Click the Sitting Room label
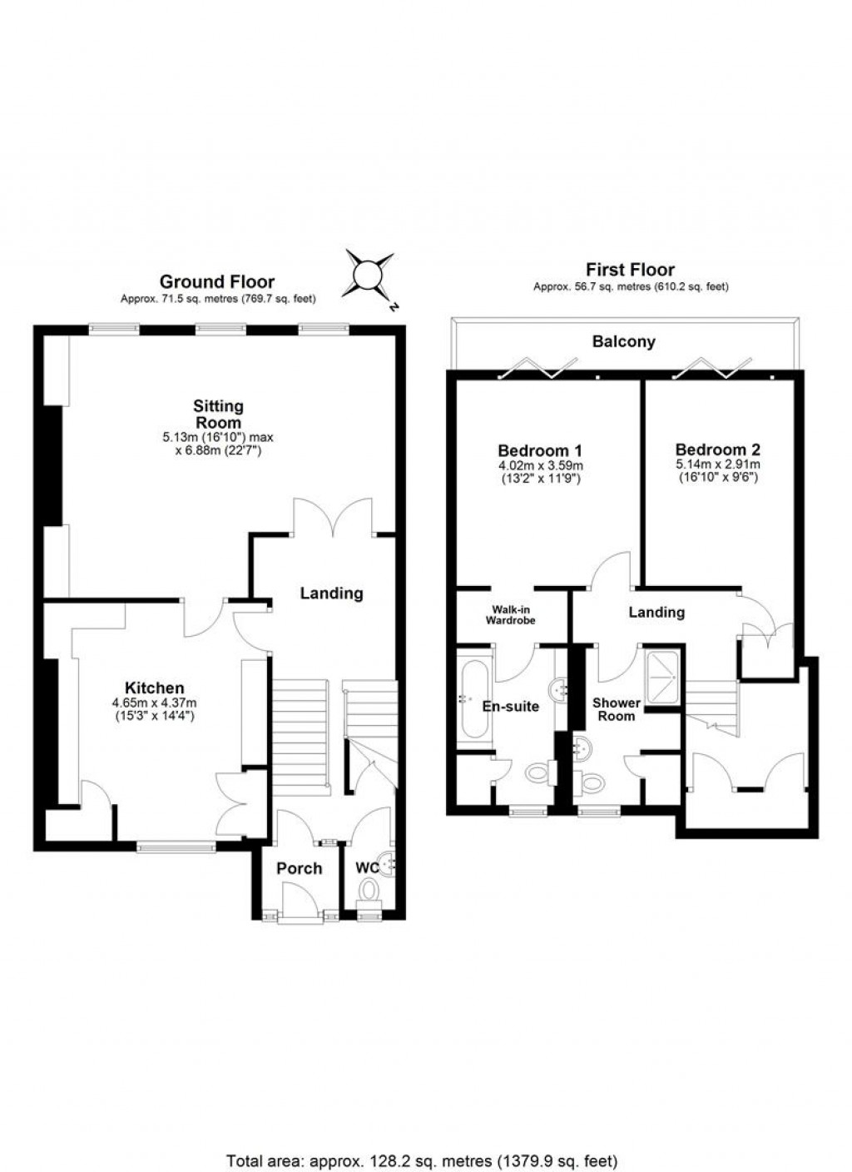tap(218, 414)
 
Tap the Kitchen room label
tap(154, 688)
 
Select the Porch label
tap(299, 868)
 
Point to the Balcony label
tap(623, 341)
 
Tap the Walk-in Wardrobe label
tap(512, 614)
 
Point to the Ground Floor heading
tap(217, 281)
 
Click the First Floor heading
tap(630, 270)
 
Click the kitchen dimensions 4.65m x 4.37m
tap(154, 703)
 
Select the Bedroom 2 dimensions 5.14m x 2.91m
tap(717, 464)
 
